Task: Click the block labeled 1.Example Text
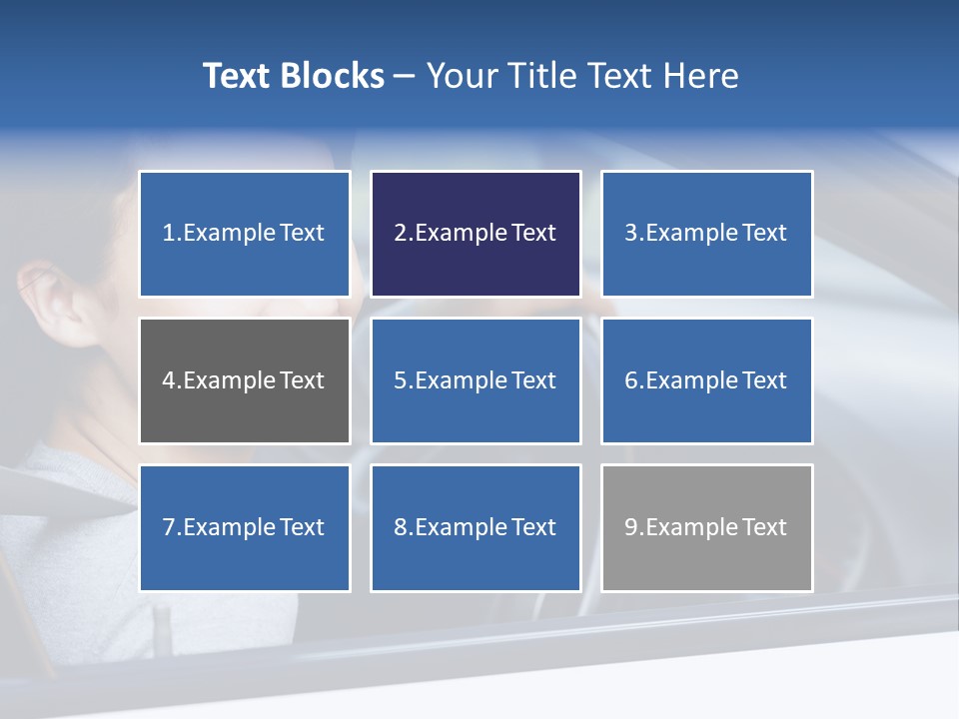tap(244, 234)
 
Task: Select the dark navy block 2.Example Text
tap(476, 234)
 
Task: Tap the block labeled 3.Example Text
tap(706, 234)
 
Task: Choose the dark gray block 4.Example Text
tap(244, 380)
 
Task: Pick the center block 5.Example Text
tap(476, 380)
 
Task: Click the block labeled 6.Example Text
tap(706, 380)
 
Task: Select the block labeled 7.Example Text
tap(244, 527)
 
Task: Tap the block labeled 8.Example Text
tap(476, 527)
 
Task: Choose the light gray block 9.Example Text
tap(706, 527)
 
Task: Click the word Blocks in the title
tap(334, 76)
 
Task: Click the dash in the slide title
tap(405, 77)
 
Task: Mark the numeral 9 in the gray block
tap(630, 527)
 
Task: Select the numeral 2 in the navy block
tap(400, 234)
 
